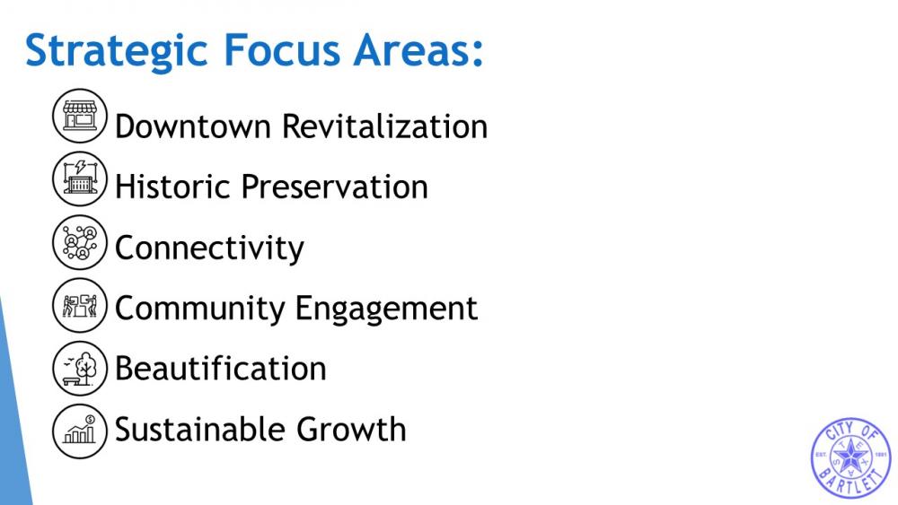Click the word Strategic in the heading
[116, 51]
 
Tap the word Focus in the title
[282, 50]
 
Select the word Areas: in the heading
[418, 50]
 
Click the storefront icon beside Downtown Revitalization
[80, 116]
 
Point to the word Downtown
[193, 126]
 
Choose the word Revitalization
[385, 126]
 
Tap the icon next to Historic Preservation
[80, 178]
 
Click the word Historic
[172, 187]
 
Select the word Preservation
[334, 187]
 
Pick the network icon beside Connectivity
[80, 242]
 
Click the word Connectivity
[209, 248]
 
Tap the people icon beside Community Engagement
[80, 305]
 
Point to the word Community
[200, 309]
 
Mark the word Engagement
[386, 309]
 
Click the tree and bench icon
[80, 369]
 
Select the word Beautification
[221, 369]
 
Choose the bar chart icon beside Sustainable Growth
[80, 431]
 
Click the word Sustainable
[200, 429]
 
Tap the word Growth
[351, 429]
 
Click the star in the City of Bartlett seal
[850, 457]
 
